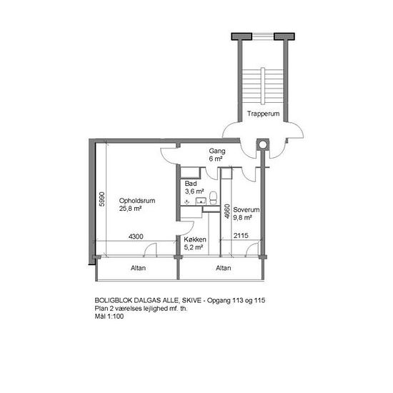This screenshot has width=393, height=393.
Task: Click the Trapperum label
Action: tap(263, 114)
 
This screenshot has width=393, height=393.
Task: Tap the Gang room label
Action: tap(217, 151)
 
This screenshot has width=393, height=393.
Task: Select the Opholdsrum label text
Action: tap(137, 201)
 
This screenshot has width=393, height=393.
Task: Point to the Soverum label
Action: tap(246, 210)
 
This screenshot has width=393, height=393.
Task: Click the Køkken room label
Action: tap(195, 239)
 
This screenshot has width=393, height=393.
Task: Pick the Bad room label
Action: tap(191, 184)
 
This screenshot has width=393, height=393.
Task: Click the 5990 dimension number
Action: tap(101, 199)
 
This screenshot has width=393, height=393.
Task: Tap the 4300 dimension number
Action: tap(136, 237)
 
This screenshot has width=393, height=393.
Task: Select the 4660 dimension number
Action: tap(227, 212)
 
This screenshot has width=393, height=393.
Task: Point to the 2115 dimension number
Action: tap(241, 236)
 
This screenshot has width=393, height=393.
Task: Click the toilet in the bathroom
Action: tap(213, 198)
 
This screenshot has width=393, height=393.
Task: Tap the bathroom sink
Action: tap(201, 201)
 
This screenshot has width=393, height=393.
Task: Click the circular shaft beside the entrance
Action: tap(263, 144)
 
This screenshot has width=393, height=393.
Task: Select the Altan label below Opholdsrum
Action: tap(138, 268)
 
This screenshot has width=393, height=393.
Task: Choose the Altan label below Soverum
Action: tap(224, 268)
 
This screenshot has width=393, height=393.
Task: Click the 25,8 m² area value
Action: tap(130, 209)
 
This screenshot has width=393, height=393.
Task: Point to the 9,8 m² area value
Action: tap(242, 217)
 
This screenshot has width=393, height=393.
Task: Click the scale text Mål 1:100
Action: tap(109, 317)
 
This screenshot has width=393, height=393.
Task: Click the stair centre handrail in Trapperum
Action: tap(263, 86)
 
